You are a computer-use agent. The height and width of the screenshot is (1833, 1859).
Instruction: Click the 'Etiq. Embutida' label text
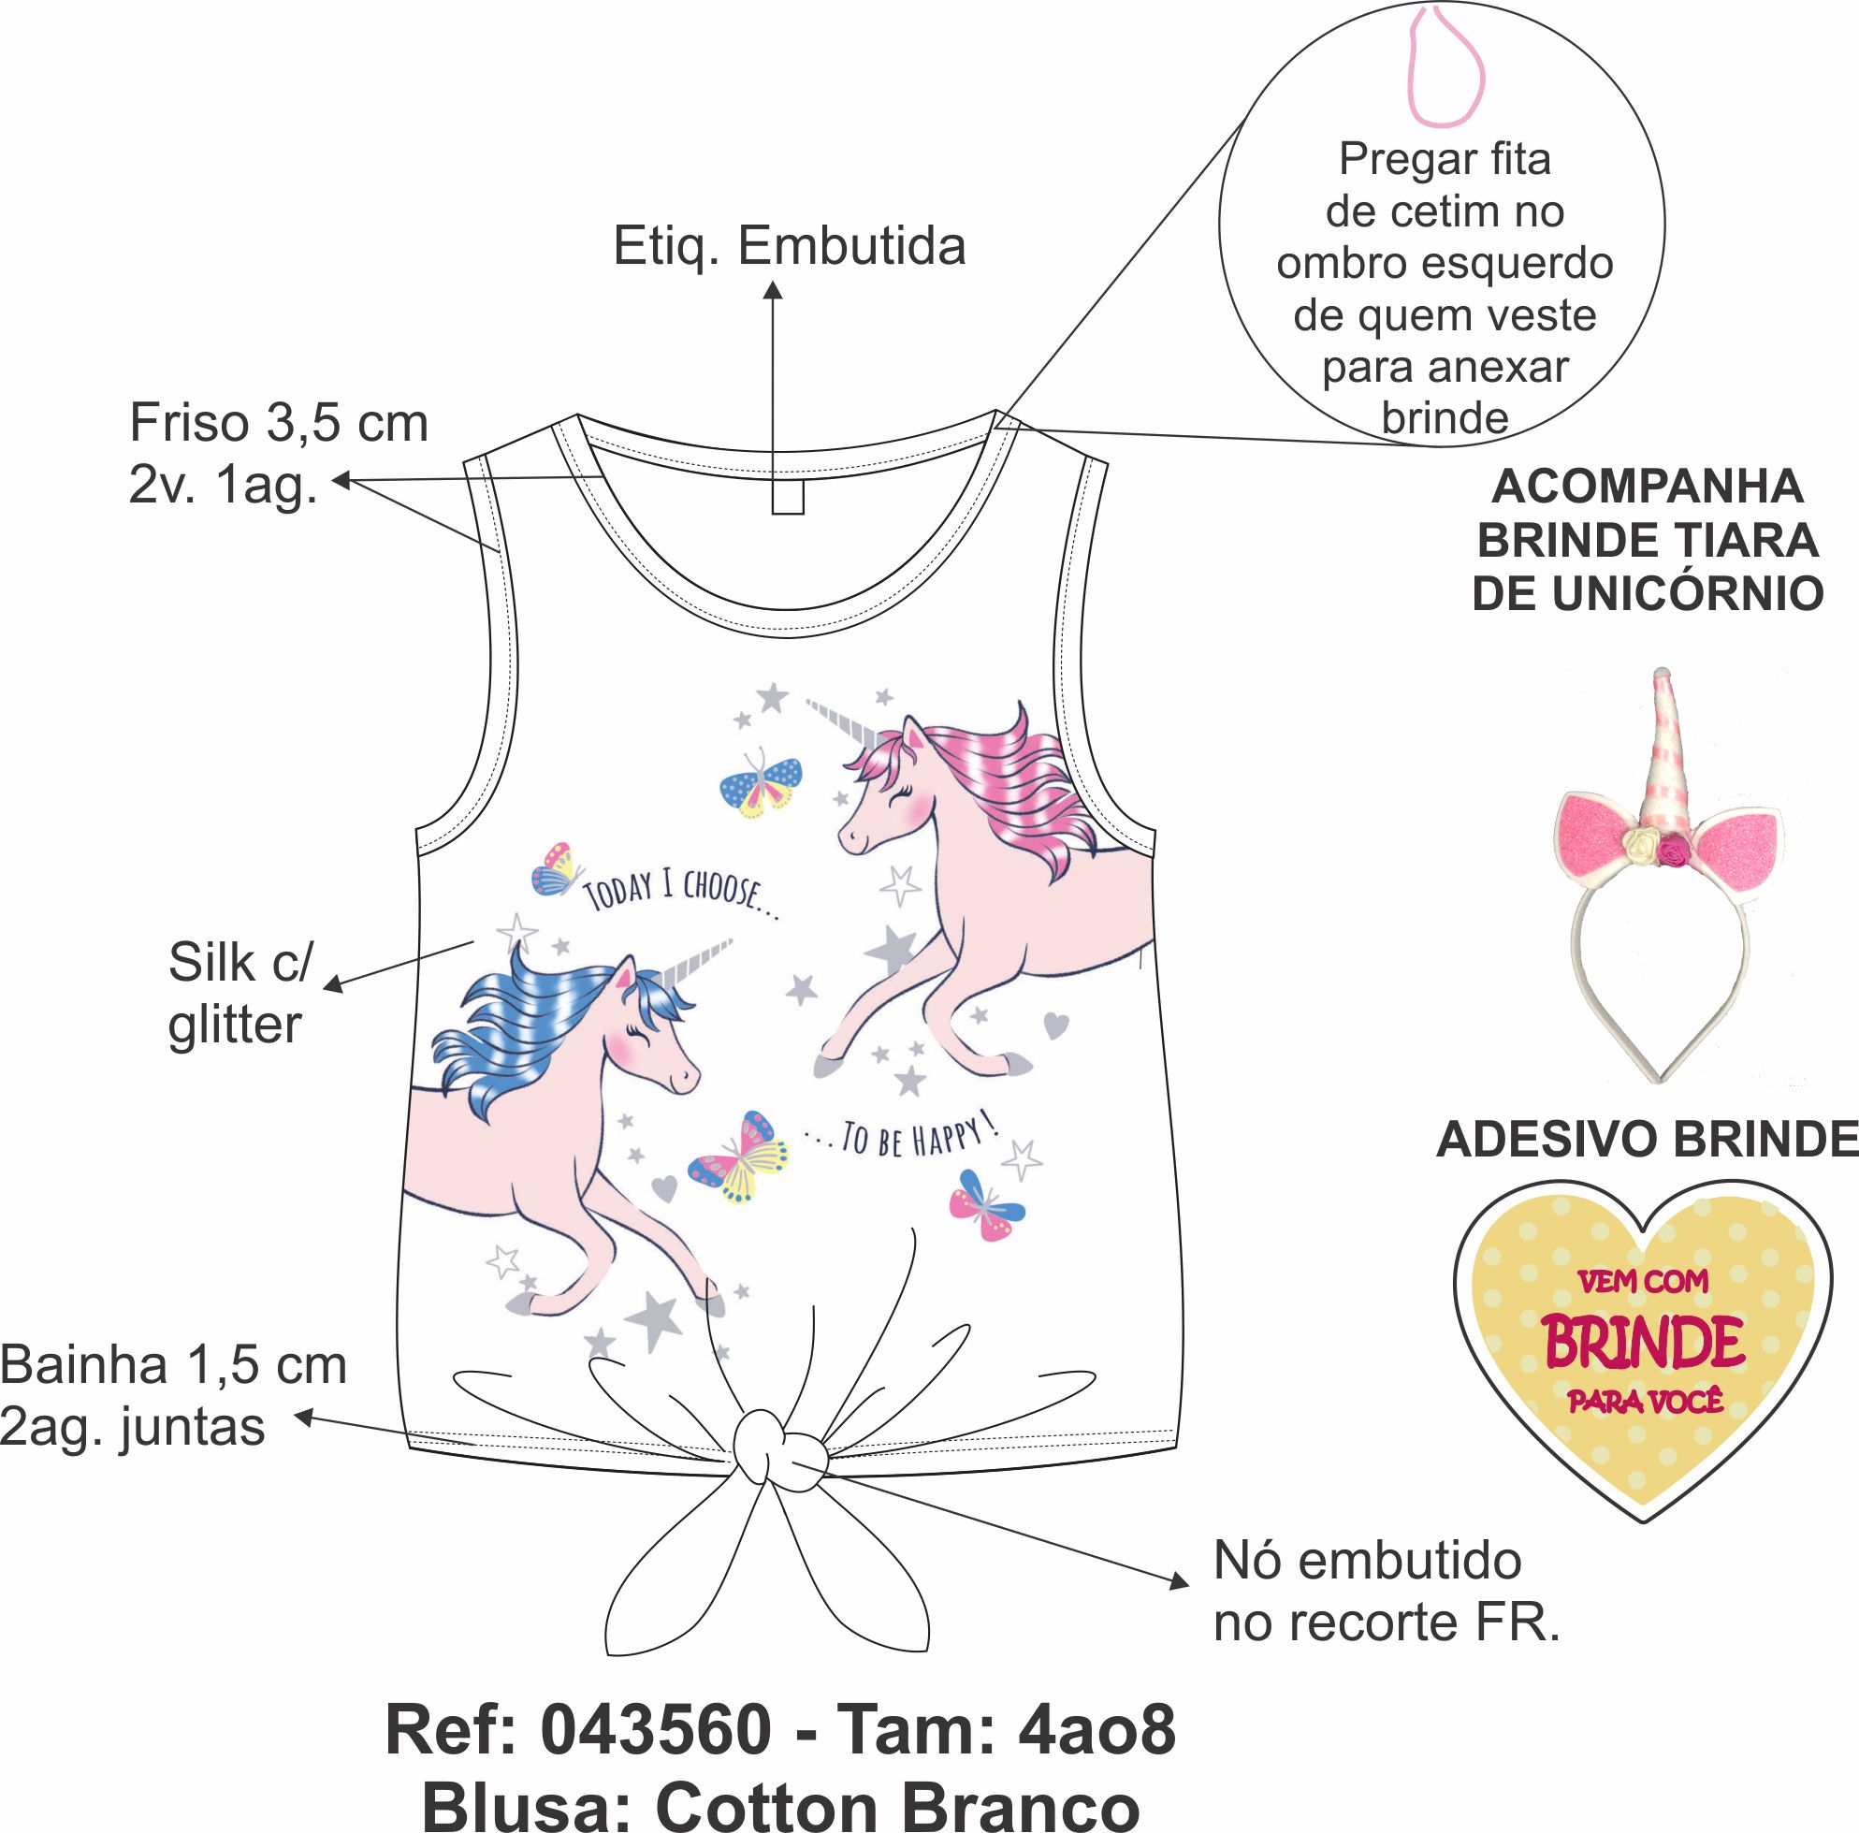click(789, 246)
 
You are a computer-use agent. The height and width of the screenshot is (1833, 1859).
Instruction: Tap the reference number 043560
click(656, 1675)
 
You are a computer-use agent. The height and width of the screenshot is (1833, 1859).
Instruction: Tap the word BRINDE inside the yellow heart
click(1645, 1345)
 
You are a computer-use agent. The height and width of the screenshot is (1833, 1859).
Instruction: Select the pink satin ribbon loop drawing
click(1446, 67)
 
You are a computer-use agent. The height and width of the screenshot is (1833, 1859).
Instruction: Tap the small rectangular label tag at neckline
click(787, 497)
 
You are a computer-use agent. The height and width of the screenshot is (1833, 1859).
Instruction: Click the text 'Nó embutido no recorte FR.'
click(1385, 1593)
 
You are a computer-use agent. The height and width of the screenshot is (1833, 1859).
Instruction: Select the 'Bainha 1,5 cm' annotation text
click(173, 1365)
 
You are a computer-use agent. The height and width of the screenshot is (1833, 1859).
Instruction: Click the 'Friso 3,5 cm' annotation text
click(278, 423)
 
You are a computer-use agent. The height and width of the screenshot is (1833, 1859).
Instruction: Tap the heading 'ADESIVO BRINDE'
click(1647, 1142)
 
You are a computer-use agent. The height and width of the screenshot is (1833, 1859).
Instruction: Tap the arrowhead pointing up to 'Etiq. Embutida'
click(773, 290)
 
